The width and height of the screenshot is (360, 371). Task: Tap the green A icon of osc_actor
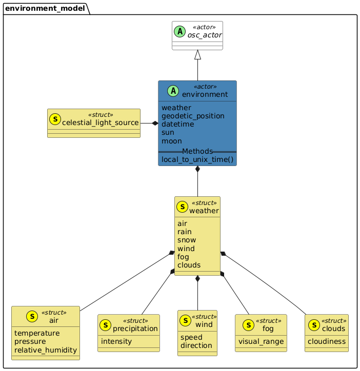click(179, 32)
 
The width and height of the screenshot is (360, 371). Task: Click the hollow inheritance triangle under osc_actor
click(197, 55)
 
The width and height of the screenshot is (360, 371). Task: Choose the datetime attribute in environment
click(178, 124)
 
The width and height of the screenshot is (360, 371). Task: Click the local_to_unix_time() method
click(197, 160)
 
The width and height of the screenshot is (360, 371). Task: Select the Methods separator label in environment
click(197, 152)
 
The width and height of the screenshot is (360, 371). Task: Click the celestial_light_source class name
click(101, 123)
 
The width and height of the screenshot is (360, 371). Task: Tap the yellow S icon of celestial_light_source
click(55, 120)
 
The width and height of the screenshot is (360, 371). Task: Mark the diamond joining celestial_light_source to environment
click(155, 123)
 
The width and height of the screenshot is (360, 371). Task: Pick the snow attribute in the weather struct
click(186, 240)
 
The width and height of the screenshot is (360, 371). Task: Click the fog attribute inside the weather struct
click(183, 256)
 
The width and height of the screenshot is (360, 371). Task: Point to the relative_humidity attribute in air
click(46, 350)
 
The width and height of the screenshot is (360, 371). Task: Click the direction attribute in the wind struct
click(196, 345)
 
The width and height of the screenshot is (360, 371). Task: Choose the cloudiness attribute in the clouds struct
click(327, 341)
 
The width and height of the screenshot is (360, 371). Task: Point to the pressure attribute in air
click(30, 341)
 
